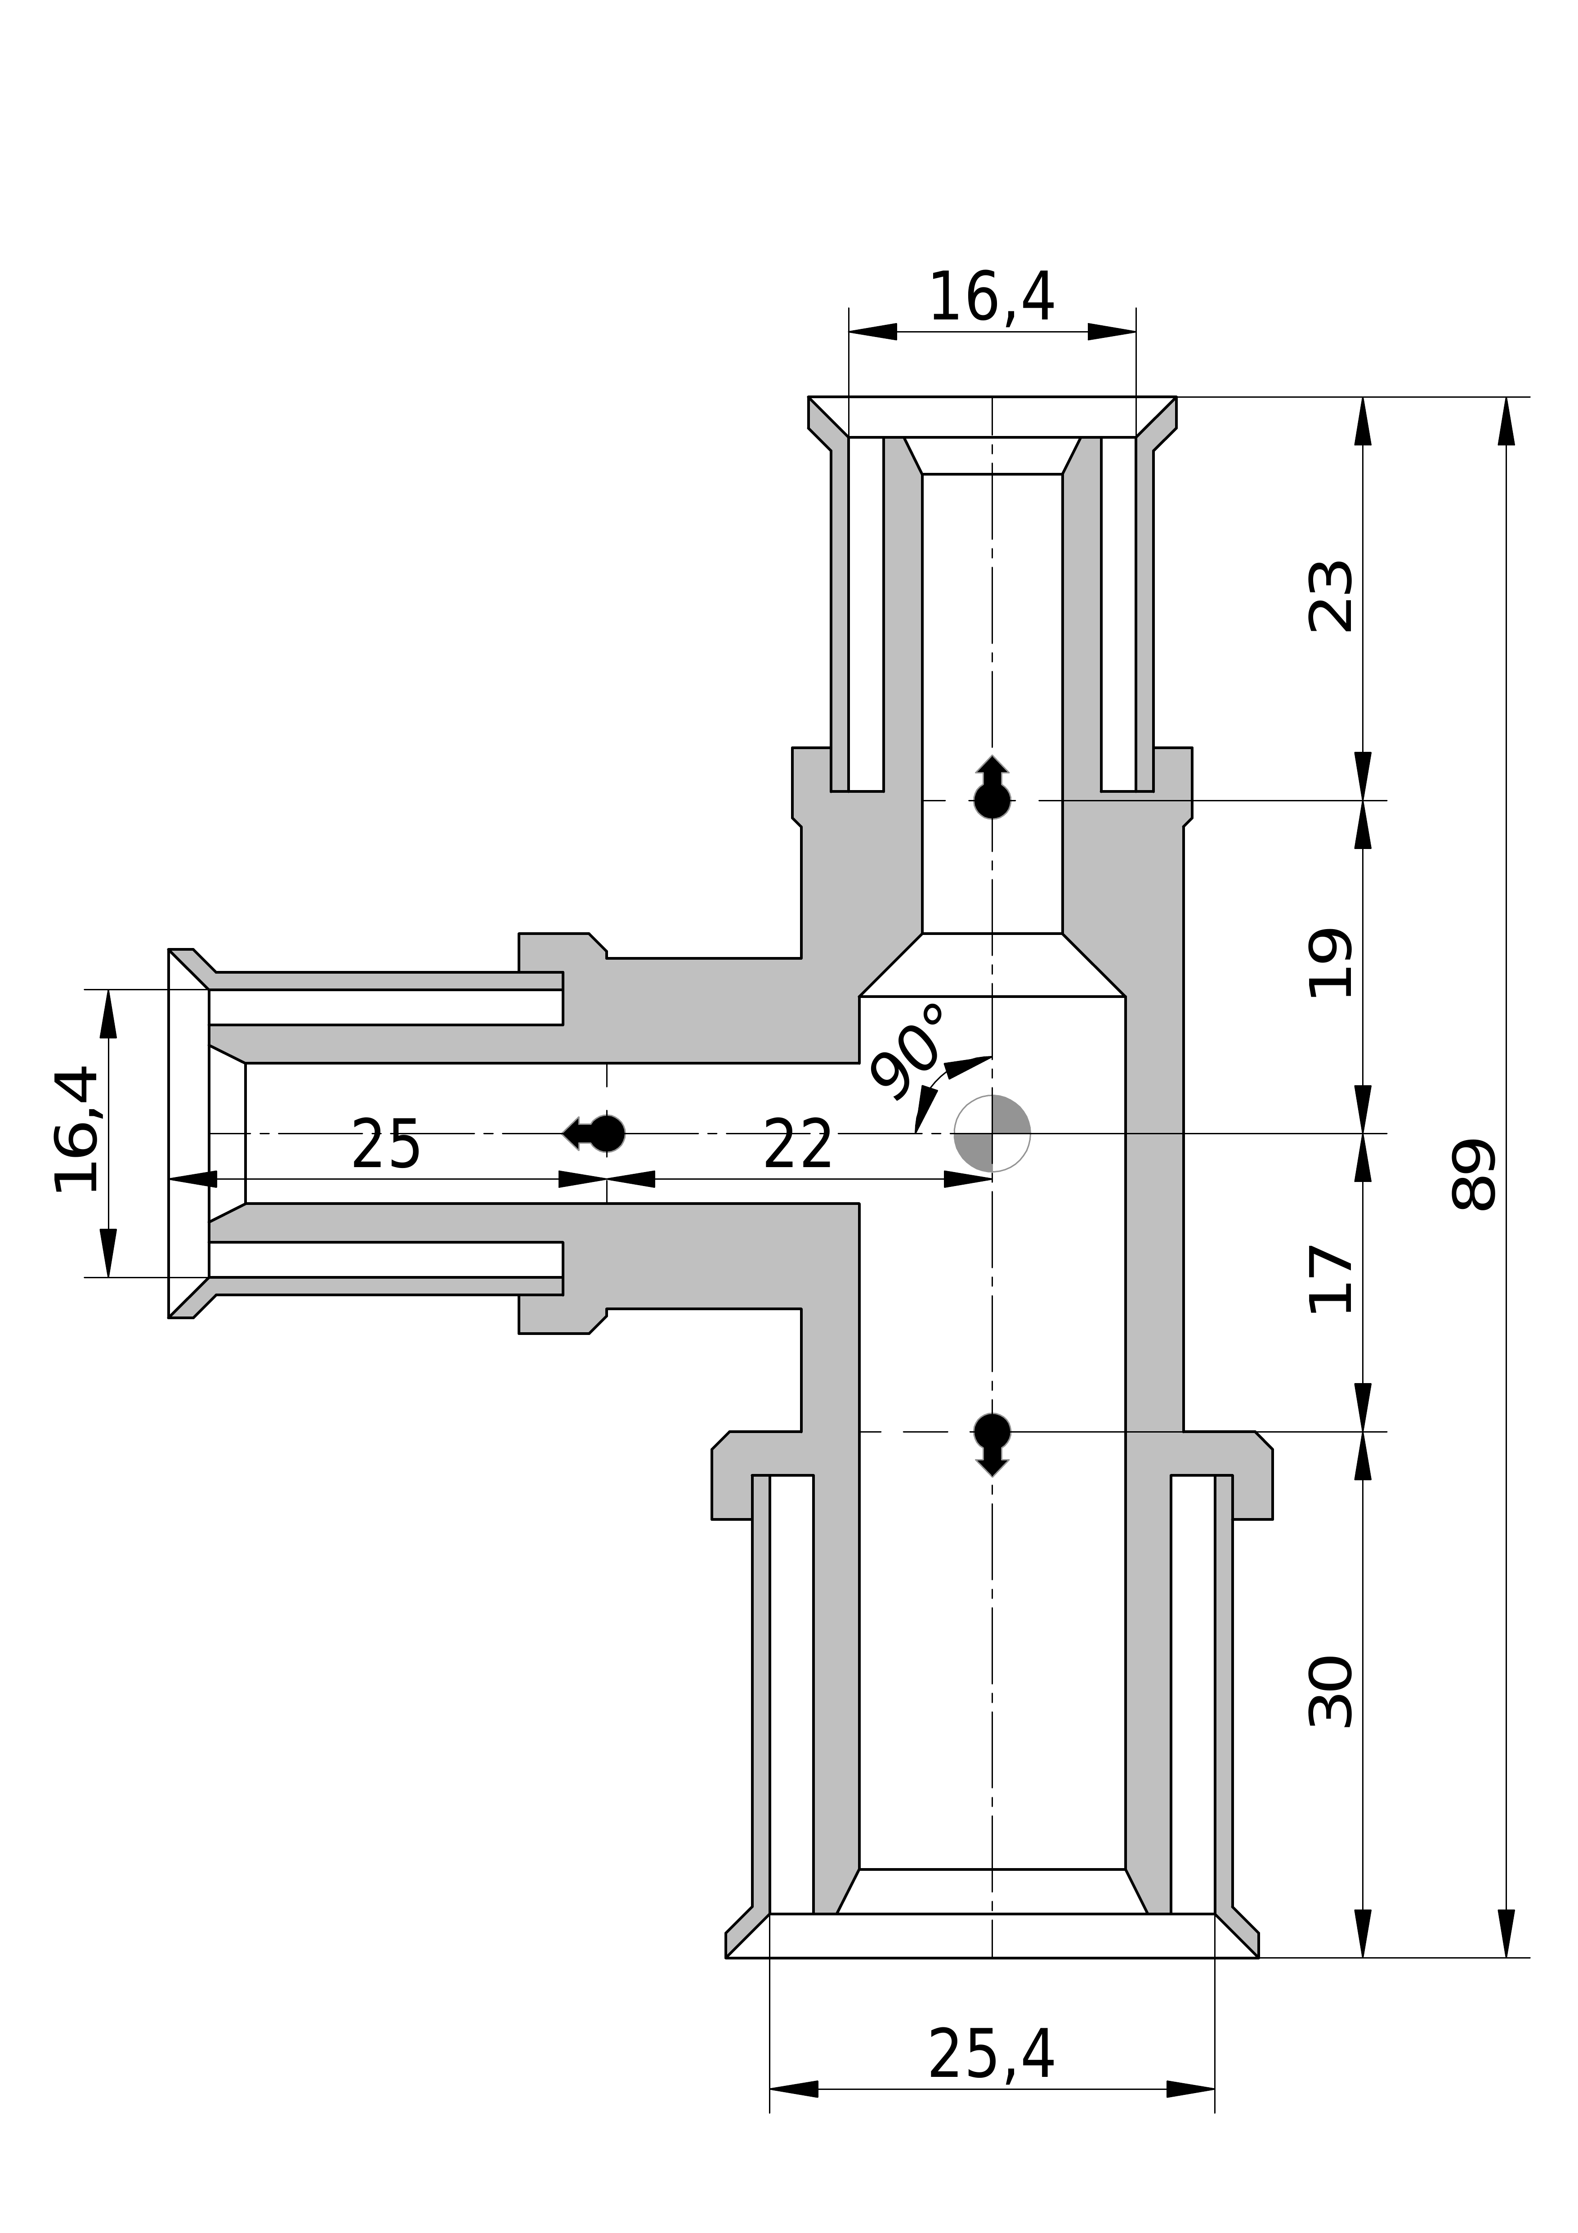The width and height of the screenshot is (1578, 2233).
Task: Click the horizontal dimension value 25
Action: coord(385,1146)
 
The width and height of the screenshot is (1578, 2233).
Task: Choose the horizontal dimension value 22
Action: coord(798,1146)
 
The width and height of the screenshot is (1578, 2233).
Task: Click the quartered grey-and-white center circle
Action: coord(992,1133)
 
